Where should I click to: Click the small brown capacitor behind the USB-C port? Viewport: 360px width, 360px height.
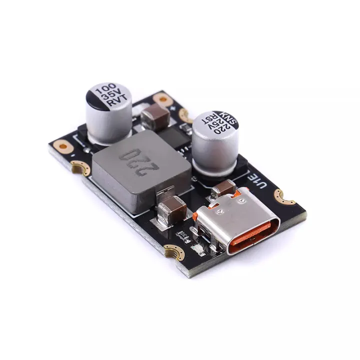tap(222, 189)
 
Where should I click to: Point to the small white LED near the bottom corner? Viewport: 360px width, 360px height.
tap(196, 248)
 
